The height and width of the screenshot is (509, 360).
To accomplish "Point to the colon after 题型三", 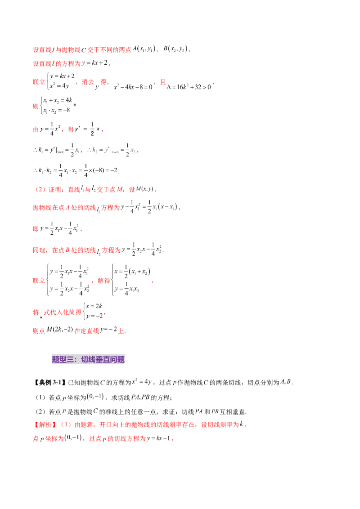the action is (x=77, y=360).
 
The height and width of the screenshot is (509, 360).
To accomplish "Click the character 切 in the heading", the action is (x=85, y=360).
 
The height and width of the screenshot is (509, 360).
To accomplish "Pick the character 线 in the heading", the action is (x=92, y=360).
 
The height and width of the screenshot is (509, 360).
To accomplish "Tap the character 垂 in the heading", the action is (x=99, y=360).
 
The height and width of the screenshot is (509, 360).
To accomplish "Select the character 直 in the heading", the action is (x=106, y=360).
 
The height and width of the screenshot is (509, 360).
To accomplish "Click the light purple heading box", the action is (x=88, y=360).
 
